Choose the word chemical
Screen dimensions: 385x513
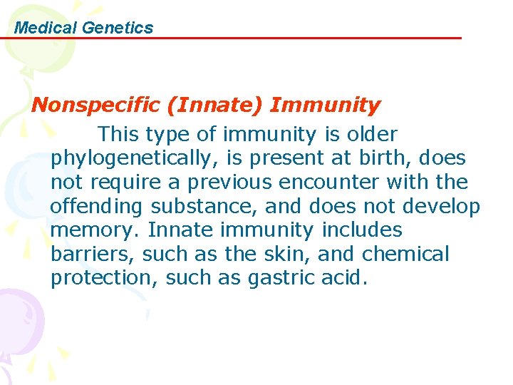click(406, 255)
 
